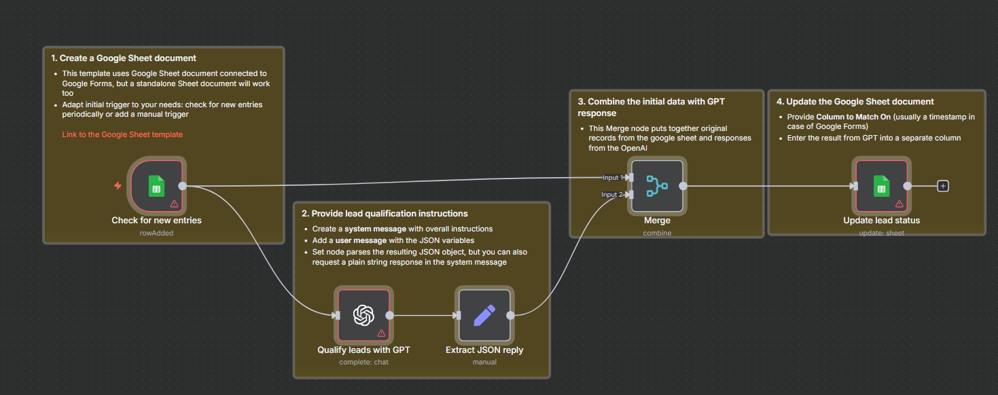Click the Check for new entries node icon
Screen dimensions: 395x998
[156, 186]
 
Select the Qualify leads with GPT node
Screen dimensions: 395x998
[363, 315]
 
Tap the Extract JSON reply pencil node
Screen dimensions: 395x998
[484, 315]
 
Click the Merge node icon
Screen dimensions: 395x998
[657, 186]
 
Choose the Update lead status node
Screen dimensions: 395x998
[881, 186]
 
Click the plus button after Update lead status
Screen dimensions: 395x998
[942, 186]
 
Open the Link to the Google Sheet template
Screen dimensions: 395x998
[122, 134]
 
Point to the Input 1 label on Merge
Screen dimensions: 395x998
[611, 178]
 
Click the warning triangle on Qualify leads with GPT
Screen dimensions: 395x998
[381, 333]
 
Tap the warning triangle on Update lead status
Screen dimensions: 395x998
[899, 204]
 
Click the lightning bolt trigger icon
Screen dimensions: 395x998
[118, 186]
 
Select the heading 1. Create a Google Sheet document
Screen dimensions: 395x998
[124, 58]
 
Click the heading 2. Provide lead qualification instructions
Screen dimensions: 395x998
[385, 214]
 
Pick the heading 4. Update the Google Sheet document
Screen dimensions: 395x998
[855, 102]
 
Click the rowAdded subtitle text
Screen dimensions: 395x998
[156, 233]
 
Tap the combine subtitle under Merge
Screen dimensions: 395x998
[657, 233]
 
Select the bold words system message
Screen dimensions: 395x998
[374, 229]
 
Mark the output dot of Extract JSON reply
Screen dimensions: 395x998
[510, 315]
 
